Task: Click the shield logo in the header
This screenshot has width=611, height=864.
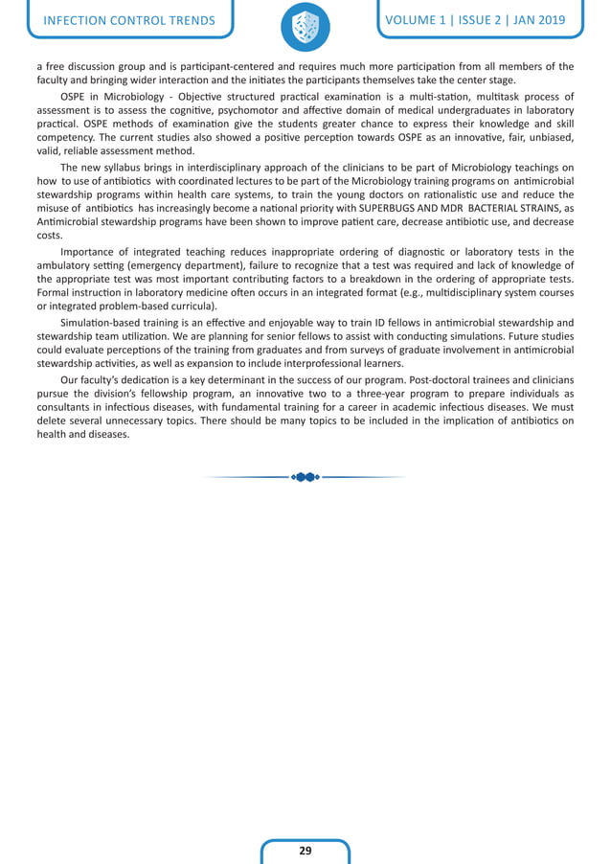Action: click(x=305, y=27)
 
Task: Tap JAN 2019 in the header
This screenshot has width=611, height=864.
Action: click(x=533, y=20)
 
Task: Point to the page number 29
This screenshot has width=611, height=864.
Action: click(x=305, y=850)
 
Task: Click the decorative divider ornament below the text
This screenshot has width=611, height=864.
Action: click(x=305, y=476)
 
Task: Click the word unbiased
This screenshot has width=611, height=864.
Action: click(x=552, y=138)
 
